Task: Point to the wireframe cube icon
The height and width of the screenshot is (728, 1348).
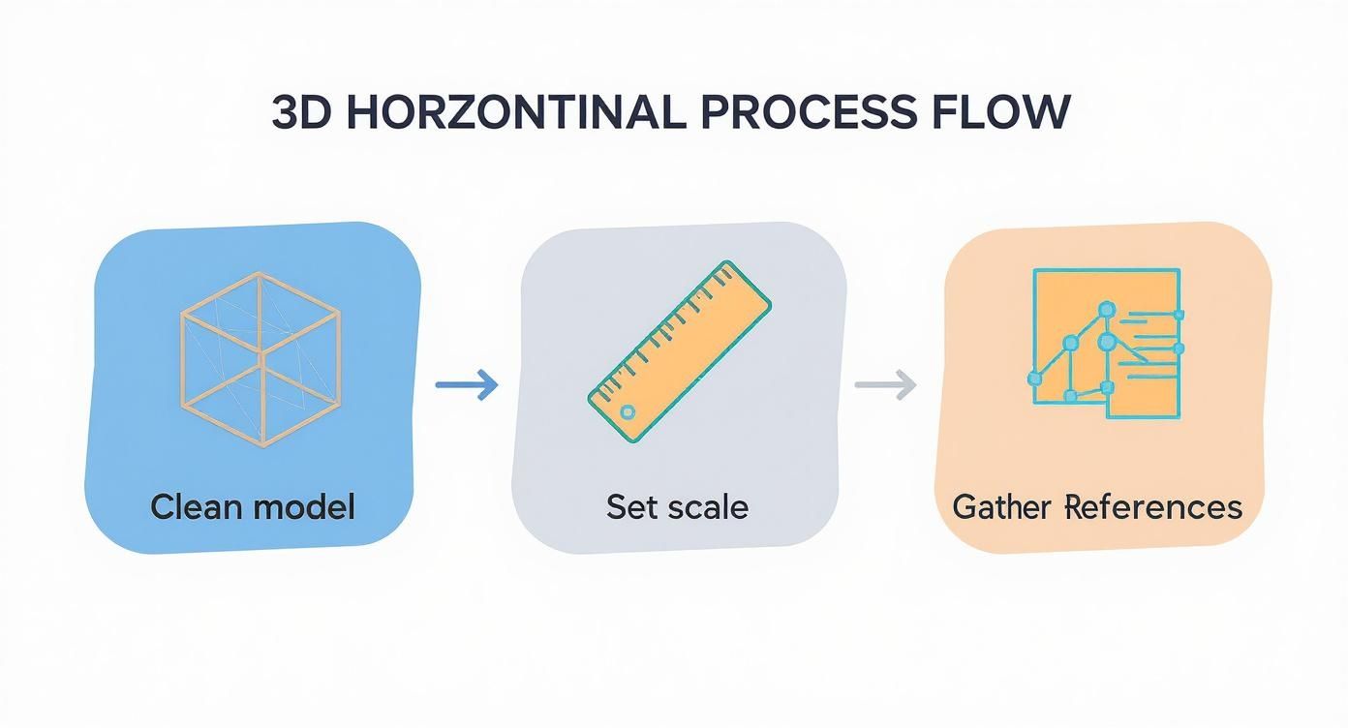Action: tap(260, 359)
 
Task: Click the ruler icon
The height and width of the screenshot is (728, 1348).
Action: tap(679, 351)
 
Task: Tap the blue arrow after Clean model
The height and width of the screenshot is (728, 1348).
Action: tap(467, 385)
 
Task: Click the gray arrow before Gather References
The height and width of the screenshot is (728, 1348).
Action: tap(885, 384)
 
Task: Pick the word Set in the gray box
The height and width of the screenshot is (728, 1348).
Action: tap(631, 506)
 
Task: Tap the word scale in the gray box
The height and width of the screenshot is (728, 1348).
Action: tap(713, 506)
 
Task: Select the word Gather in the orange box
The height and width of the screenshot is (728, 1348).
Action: tap(1003, 506)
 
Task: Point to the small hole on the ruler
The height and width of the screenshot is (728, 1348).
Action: tap(627, 412)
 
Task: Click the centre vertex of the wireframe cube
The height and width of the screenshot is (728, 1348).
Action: tap(261, 365)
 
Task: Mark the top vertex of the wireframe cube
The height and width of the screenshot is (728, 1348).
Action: tap(260, 273)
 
